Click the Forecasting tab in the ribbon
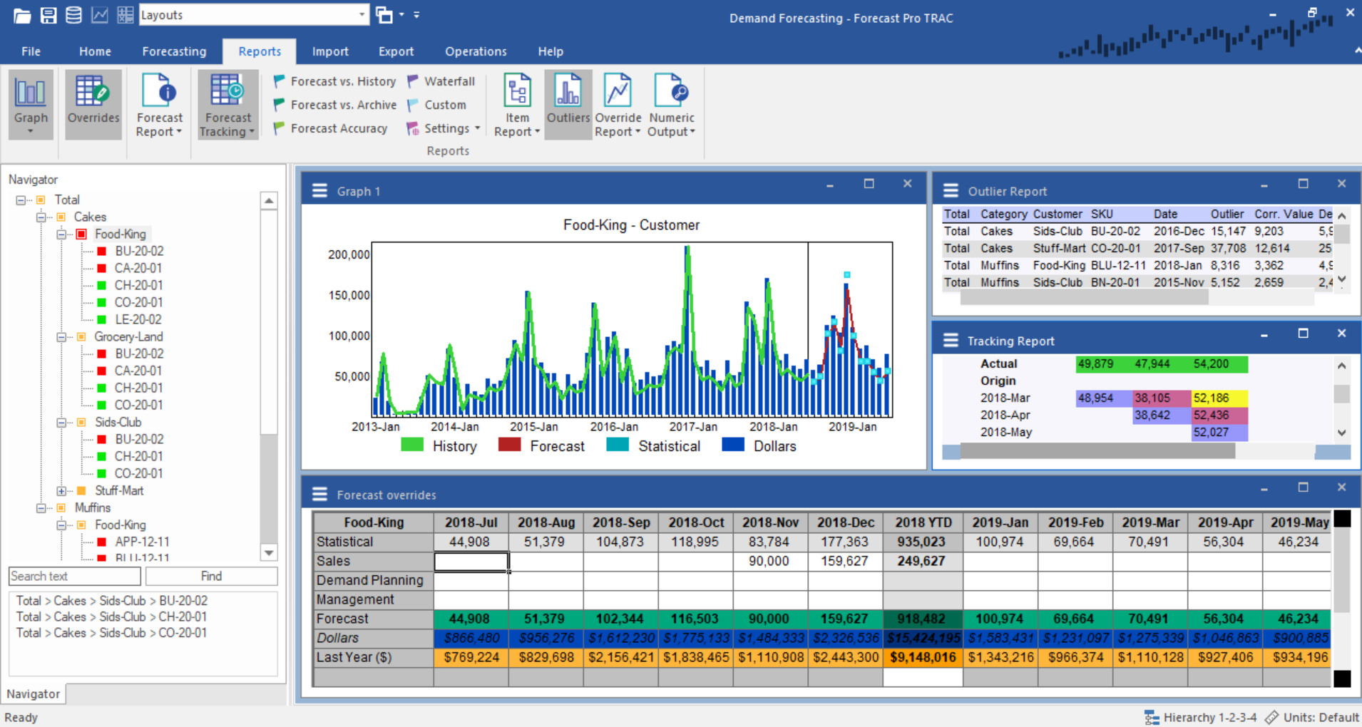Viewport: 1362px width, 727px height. tap(174, 51)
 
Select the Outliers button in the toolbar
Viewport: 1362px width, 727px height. tap(568, 103)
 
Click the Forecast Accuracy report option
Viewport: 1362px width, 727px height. tap(339, 128)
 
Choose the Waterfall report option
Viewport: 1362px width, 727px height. tap(449, 81)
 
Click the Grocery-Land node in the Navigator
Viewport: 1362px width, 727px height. tap(128, 336)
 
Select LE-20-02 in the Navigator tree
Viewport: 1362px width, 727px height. tap(138, 319)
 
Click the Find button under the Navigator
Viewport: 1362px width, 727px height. tap(211, 576)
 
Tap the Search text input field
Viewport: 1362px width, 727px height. tap(74, 576)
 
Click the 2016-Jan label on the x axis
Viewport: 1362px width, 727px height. tap(614, 427)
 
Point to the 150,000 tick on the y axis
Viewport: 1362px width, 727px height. tap(349, 295)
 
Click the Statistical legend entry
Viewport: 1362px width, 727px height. tap(669, 446)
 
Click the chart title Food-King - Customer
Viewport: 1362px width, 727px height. tap(631, 225)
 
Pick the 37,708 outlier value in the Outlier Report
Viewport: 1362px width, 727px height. tap(1228, 248)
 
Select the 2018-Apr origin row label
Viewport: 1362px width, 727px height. tap(1005, 415)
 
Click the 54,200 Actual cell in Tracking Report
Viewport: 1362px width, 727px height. tap(1211, 364)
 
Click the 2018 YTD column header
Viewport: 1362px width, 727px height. tap(923, 522)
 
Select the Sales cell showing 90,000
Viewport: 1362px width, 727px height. tap(769, 561)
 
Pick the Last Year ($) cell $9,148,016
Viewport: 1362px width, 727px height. tap(923, 657)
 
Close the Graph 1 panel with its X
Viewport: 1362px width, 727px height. tap(907, 184)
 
